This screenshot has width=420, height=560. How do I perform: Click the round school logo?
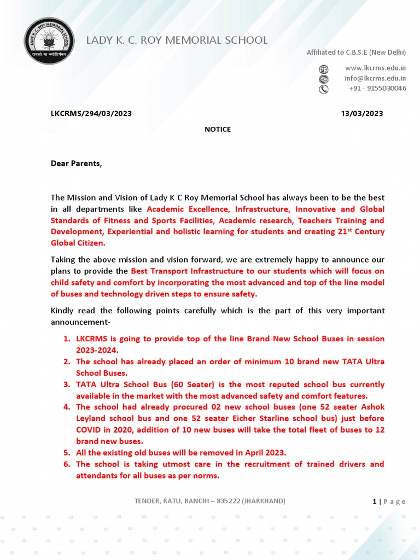[49, 41]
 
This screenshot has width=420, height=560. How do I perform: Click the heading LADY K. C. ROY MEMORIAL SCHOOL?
[177, 40]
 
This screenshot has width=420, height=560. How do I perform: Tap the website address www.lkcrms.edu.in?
[375, 68]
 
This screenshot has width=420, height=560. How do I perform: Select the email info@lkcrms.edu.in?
[375, 78]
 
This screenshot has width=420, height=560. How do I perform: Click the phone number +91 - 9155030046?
[377, 89]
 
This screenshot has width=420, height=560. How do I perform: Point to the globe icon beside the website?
[324, 69]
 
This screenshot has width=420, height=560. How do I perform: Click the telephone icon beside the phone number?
[324, 89]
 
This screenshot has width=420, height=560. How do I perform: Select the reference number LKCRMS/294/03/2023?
[91, 114]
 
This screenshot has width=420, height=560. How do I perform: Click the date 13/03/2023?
[362, 114]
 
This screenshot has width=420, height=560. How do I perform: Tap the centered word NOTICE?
[218, 130]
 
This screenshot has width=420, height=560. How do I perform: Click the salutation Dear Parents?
[77, 163]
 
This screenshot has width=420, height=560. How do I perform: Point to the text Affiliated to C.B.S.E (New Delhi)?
[356, 52]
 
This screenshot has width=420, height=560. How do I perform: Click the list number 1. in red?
[67, 339]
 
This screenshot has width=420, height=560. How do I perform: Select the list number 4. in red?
[67, 407]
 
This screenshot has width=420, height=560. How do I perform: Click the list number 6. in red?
[67, 464]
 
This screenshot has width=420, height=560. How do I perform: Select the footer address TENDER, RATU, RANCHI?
[209, 501]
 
